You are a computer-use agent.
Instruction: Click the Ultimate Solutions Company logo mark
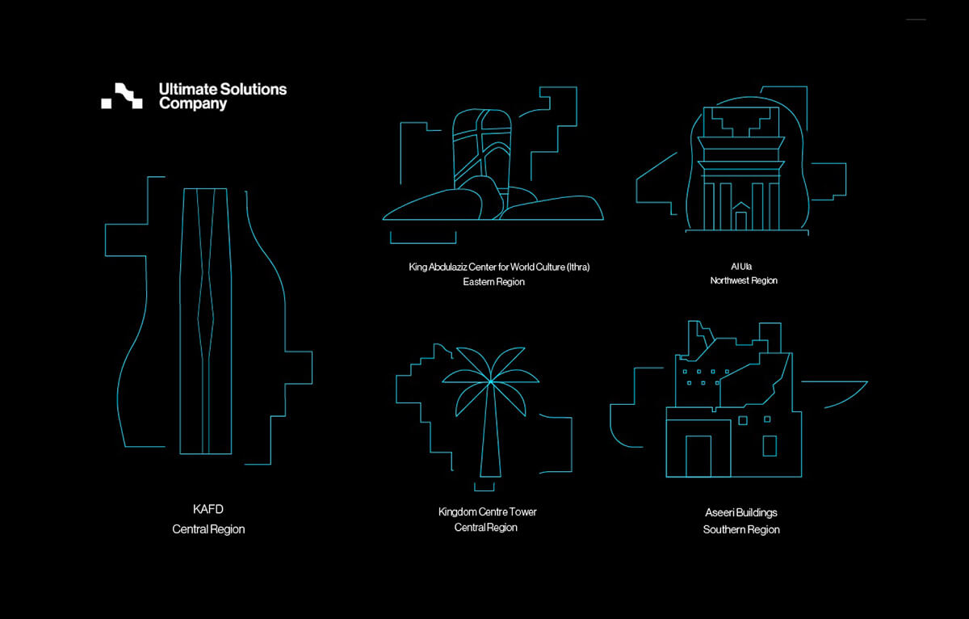coord(122,95)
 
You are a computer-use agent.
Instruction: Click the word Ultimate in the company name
coord(184,89)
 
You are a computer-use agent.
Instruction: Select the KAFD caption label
coord(208,509)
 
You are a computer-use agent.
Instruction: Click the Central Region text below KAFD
coord(208,529)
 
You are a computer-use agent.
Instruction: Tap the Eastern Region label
coord(493,282)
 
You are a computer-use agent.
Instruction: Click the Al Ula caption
coord(741,265)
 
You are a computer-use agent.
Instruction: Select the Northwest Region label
coord(744,280)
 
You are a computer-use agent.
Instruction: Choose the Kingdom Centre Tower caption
coord(487,512)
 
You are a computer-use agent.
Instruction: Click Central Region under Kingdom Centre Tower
coord(485,528)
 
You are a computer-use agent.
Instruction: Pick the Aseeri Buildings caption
coord(740,512)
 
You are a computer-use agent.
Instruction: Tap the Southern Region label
coord(741,530)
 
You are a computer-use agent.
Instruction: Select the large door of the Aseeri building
coord(698,456)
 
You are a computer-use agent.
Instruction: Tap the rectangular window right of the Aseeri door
coord(769,446)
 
